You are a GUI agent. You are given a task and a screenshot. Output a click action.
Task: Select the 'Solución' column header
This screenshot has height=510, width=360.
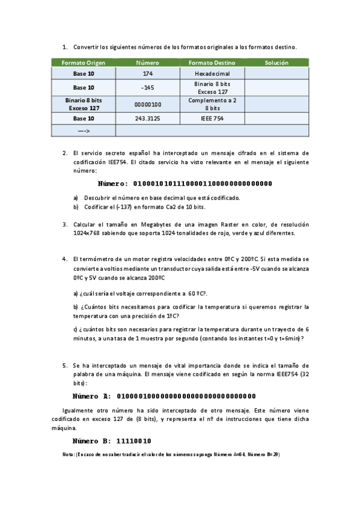point(276,63)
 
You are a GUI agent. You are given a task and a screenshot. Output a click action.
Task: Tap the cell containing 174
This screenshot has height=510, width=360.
point(148,73)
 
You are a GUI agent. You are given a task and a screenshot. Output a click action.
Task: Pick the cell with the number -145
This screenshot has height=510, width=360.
point(148,88)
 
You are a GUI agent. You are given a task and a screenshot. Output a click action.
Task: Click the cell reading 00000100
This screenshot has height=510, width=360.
point(148,104)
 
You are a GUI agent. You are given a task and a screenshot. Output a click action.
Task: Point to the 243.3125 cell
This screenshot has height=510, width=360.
point(148,118)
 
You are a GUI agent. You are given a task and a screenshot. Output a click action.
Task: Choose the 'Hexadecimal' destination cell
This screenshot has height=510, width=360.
point(212,73)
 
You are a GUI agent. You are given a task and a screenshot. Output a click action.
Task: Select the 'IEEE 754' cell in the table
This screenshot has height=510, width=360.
point(212,118)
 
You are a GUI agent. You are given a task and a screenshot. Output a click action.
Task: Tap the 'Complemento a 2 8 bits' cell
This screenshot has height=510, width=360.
point(212,104)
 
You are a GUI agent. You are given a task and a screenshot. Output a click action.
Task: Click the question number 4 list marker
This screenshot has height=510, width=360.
point(64,259)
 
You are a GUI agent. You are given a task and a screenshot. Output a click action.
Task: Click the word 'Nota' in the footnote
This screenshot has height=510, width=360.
point(67,454)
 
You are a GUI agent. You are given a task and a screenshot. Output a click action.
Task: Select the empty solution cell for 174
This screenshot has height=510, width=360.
point(276,73)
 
